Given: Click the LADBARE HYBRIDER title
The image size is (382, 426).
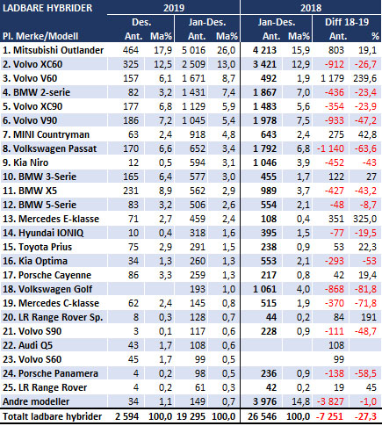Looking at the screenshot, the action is coord(47,8).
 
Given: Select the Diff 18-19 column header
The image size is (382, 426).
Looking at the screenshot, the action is coord(347,22).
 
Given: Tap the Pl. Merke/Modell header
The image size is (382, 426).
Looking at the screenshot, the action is coord(40,36).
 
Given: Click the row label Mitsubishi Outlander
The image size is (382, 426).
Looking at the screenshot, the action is coord(53,50).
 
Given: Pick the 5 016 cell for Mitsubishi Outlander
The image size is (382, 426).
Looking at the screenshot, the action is coord(193,50).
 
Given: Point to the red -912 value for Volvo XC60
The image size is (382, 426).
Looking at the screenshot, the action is coord(335,64).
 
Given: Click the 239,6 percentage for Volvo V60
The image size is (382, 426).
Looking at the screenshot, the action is coord(364,78).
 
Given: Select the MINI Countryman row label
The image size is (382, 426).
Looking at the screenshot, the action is coord(46,134).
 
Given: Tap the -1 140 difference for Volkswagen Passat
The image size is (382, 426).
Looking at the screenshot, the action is coord(330,148).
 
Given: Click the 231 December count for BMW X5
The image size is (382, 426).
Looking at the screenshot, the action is coord(131,191).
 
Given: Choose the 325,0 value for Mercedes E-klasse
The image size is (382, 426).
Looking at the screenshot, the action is coord(364,219).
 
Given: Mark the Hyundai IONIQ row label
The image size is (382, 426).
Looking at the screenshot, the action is coord(43,233).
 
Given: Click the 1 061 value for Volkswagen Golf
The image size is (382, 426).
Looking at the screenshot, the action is coord(264,289).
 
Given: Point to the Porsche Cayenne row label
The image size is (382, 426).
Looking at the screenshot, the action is coord(47,275).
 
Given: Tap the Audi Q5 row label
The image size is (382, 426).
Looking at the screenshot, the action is coord(27,345).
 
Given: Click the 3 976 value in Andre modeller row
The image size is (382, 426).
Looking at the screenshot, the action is coord(264,401).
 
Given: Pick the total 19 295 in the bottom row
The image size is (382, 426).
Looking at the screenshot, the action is coord(191,416).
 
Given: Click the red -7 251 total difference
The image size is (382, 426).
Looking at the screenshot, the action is coord(330,416).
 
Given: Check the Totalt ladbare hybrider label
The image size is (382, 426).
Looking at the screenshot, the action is coord(52,416).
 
